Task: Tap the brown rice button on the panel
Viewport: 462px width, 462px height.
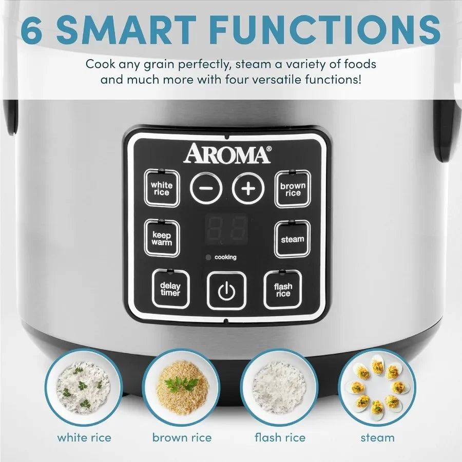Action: tap(293, 189)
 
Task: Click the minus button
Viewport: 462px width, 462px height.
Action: tap(206, 189)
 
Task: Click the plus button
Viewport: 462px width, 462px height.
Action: tap(248, 189)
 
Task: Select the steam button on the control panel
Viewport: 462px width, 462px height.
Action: tap(292, 239)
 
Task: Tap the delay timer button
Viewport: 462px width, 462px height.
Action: tap(170, 289)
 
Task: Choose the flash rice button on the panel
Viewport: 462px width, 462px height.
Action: tap(283, 290)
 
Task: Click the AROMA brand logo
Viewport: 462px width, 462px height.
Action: tap(227, 153)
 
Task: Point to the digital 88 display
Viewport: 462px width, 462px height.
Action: tap(226, 229)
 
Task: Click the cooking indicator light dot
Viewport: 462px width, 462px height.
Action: tap(208, 257)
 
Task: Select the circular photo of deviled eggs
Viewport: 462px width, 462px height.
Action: tap(377, 387)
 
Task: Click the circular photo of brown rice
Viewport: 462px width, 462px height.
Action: tap(182, 387)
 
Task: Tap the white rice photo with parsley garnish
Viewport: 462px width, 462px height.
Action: tap(83, 387)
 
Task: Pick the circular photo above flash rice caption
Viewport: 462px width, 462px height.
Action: tap(280, 387)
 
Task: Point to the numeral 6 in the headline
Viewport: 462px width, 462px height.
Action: tap(32, 30)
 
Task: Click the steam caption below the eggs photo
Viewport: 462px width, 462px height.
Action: tap(377, 438)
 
